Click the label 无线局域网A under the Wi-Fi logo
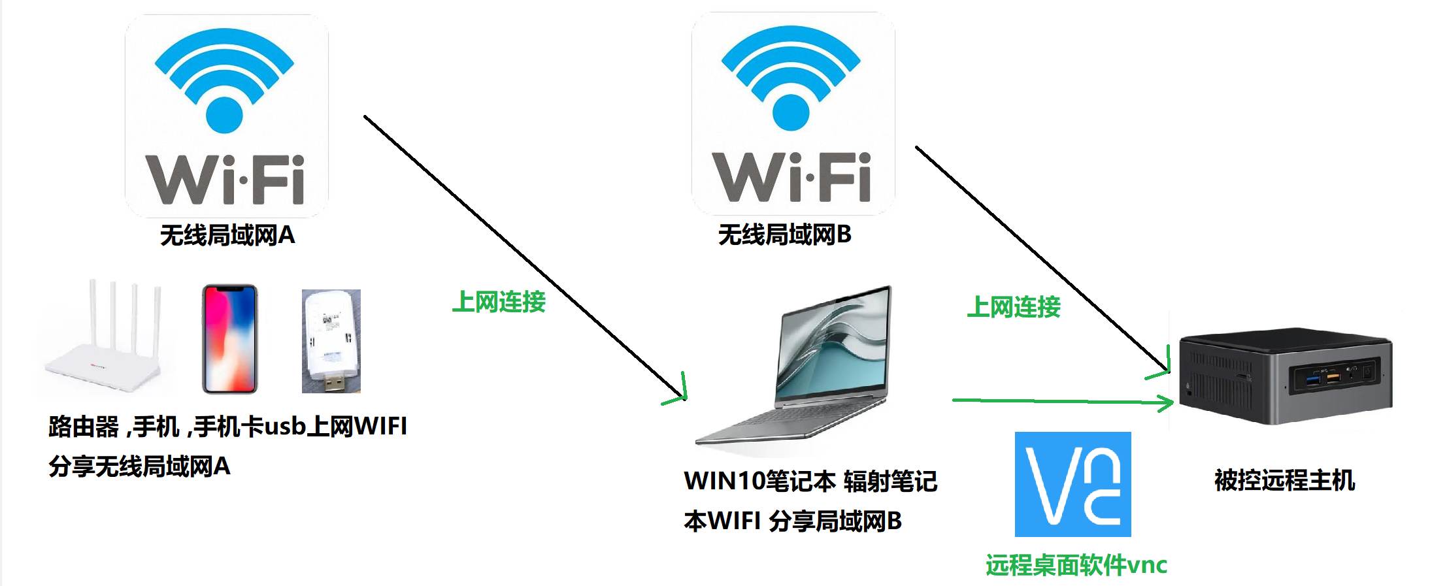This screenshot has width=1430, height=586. pyautogui.click(x=227, y=235)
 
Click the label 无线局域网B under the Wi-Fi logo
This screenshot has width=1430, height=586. pyautogui.click(x=784, y=235)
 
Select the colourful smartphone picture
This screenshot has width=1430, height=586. pyautogui.click(x=229, y=339)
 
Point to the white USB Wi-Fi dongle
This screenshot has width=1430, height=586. pyautogui.click(x=331, y=341)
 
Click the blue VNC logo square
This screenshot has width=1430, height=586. pyautogui.click(x=1072, y=484)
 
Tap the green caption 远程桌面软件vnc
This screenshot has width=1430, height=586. pyautogui.click(x=1076, y=565)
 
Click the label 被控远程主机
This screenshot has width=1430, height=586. pyautogui.click(x=1284, y=480)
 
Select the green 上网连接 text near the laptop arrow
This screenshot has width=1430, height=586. pyautogui.click(x=499, y=302)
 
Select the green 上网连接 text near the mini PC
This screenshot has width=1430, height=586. pyautogui.click(x=1013, y=307)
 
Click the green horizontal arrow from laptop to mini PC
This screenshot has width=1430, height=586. pyautogui.click(x=1059, y=400)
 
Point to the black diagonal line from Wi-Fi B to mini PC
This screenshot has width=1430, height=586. pyautogui.click(x=1039, y=255)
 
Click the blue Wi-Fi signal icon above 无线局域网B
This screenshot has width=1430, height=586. pyautogui.click(x=791, y=77)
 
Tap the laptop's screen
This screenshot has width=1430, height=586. pyautogui.click(x=833, y=346)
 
